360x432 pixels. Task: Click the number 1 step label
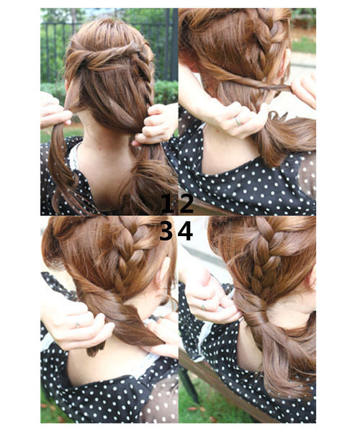coord(167,204)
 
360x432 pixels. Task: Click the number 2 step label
coord(186,204)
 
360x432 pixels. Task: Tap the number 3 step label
coord(167,230)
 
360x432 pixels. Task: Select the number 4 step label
coord(186,230)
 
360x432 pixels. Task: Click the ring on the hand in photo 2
coord(237,120)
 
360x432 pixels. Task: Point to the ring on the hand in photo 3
coord(78,325)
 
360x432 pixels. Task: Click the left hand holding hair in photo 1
coord(54,112)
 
